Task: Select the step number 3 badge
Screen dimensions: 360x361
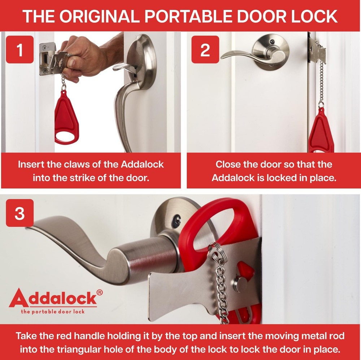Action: pyautogui.click(x=20, y=213)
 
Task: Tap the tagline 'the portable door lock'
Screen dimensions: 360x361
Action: pyautogui.click(x=54, y=311)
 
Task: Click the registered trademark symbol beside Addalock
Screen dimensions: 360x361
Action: pyautogui.click(x=100, y=292)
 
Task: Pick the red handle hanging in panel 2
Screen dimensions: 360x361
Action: pyautogui.click(x=321, y=132)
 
